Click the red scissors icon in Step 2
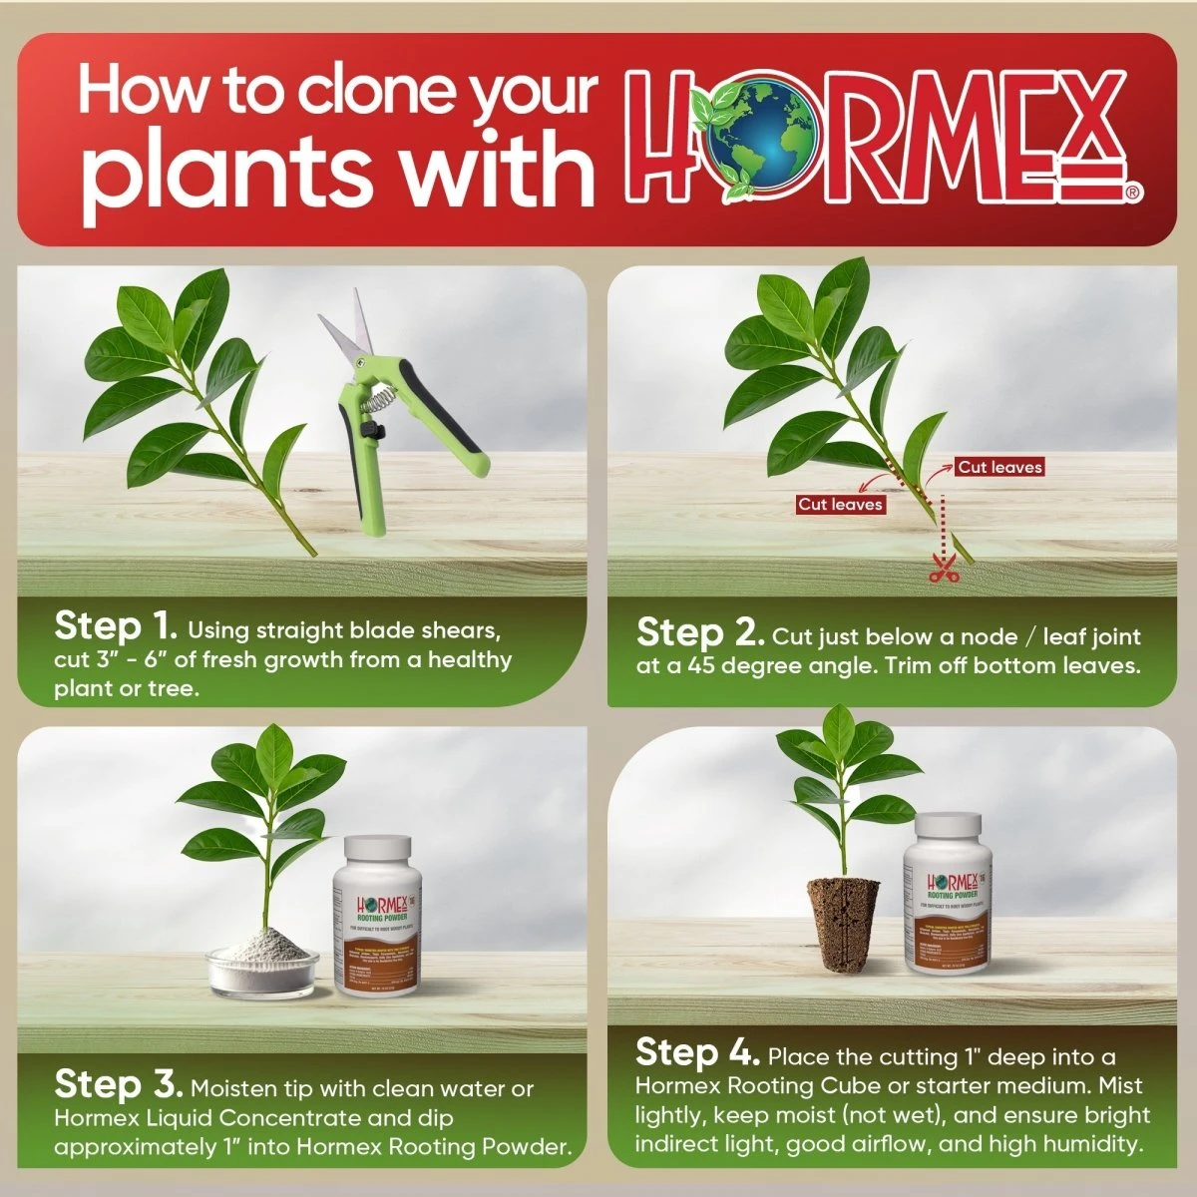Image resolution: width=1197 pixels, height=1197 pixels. (941, 571)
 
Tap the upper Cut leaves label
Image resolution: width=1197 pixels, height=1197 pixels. (999, 467)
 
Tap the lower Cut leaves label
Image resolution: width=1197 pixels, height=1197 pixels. (840, 504)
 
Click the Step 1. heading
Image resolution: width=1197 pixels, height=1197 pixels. (115, 627)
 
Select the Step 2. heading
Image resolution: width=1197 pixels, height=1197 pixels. (697, 633)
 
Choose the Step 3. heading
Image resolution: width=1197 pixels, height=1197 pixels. (118, 1085)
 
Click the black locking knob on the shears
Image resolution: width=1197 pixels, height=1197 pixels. (379, 429)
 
